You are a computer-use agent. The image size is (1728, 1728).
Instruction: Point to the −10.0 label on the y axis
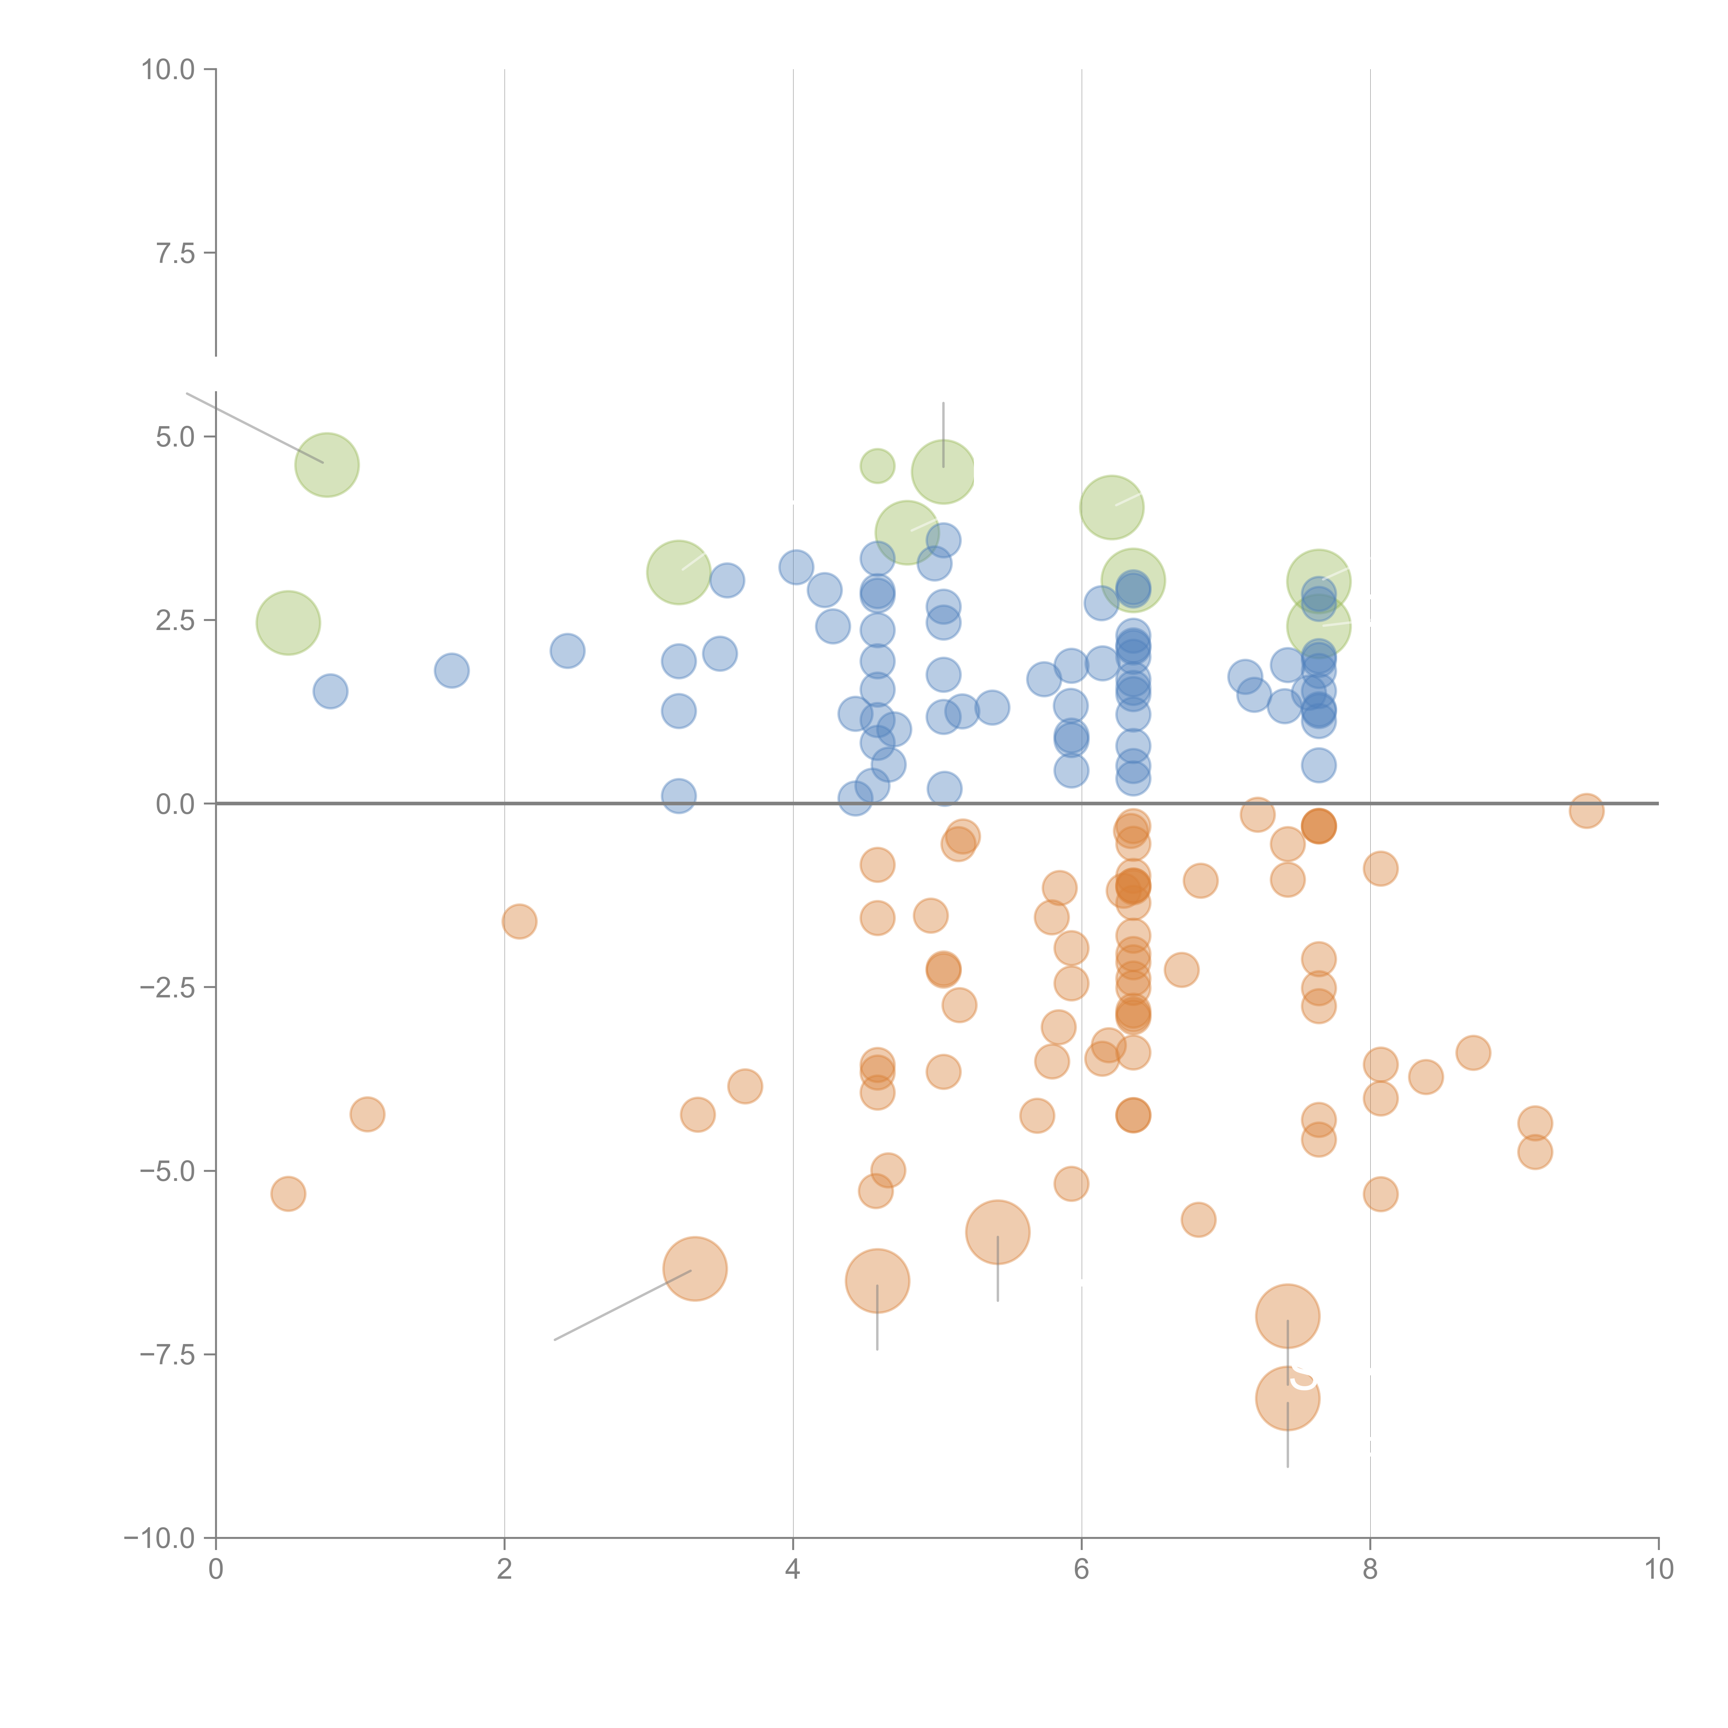159,1538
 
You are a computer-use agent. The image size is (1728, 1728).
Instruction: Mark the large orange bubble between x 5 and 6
997,1232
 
